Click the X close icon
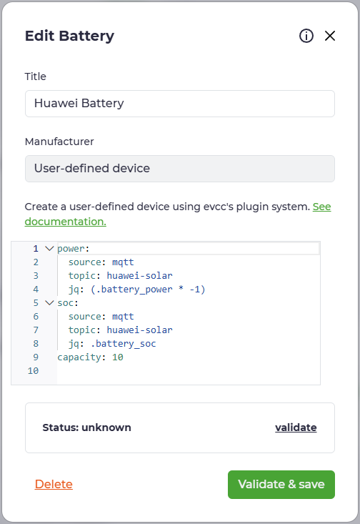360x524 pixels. pyautogui.click(x=330, y=36)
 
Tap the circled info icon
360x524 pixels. pyautogui.click(x=306, y=36)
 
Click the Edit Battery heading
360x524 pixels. pyautogui.click(x=69, y=36)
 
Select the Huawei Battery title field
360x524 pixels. pyautogui.click(x=180, y=104)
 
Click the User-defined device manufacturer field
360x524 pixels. pyautogui.click(x=180, y=169)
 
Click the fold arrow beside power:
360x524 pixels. pyautogui.click(x=49, y=248)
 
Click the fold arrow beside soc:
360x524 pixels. pyautogui.click(x=49, y=303)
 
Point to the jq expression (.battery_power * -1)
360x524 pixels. pyautogui.click(x=148, y=289)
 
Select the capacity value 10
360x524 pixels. pyautogui.click(x=118, y=357)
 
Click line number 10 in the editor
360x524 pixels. pyautogui.click(x=33, y=370)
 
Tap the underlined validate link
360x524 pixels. pyautogui.click(x=296, y=427)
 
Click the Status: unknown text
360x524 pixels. pyautogui.click(x=87, y=427)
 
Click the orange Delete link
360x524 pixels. pyautogui.click(x=54, y=484)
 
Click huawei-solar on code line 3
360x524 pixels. pyautogui.click(x=139, y=275)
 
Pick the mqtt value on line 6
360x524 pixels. pyautogui.click(x=123, y=317)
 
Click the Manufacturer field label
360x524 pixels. pyautogui.click(x=59, y=142)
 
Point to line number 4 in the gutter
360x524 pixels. pyautogui.click(x=36, y=289)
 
